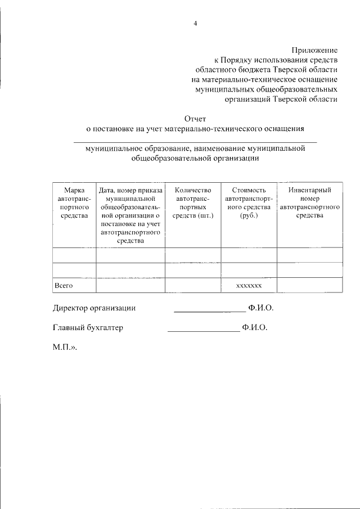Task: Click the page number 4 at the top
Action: [195, 23]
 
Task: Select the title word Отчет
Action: [195, 118]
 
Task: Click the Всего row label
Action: [64, 286]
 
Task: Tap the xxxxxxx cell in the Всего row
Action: [249, 286]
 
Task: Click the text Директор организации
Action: [94, 308]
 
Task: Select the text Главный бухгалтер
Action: [88, 327]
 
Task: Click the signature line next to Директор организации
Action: [209, 310]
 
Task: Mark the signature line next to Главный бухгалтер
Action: [204, 330]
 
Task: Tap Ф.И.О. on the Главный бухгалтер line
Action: [254, 327]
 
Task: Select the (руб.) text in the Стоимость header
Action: [249, 215]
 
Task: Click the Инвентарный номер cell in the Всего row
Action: [309, 286]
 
